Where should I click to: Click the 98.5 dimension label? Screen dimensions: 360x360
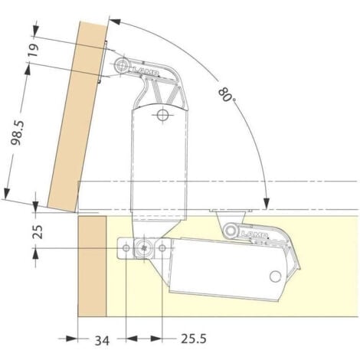pyautogui.click(x=18, y=133)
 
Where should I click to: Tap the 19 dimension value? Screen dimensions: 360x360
pyautogui.click(x=34, y=51)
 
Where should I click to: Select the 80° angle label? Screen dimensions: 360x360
pyautogui.click(x=227, y=95)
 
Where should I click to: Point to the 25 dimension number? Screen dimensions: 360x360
pyautogui.click(x=38, y=232)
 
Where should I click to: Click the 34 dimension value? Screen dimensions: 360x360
pyautogui.click(x=102, y=341)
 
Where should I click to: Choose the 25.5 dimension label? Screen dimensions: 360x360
pyautogui.click(x=194, y=339)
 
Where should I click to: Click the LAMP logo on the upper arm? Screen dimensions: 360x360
pyautogui.click(x=145, y=70)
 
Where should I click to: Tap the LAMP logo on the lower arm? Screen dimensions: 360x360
pyautogui.click(x=254, y=234)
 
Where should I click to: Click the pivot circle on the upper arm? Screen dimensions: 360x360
pyautogui.click(x=121, y=65)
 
